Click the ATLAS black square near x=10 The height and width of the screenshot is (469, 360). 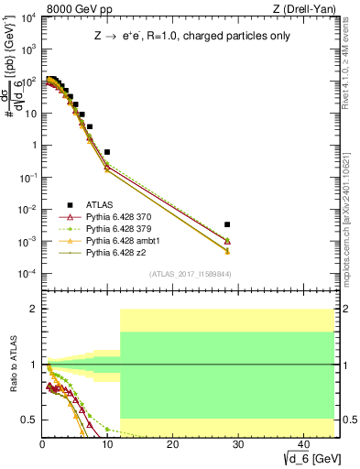click(x=107, y=152)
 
